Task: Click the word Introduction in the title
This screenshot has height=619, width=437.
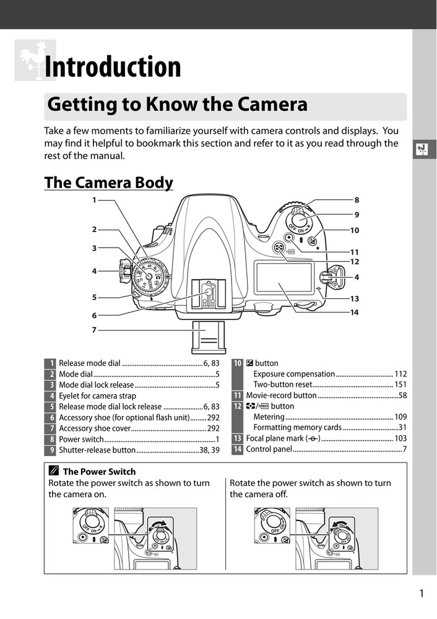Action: (113, 67)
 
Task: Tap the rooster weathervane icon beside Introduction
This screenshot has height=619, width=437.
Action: (34, 60)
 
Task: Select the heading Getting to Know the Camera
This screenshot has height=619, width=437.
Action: (177, 105)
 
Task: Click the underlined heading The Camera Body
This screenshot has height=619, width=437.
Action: (108, 183)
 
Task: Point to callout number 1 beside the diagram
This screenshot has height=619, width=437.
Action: (95, 200)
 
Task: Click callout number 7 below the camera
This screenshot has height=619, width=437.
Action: (95, 330)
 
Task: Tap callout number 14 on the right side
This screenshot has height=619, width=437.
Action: (354, 313)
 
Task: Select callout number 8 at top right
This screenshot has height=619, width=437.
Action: (357, 200)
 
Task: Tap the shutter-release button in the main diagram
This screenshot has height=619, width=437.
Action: (299, 220)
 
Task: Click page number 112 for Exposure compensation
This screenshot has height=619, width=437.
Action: (400, 374)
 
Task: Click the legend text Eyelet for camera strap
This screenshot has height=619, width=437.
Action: (97, 396)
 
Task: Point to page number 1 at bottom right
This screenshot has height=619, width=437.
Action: (422, 594)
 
